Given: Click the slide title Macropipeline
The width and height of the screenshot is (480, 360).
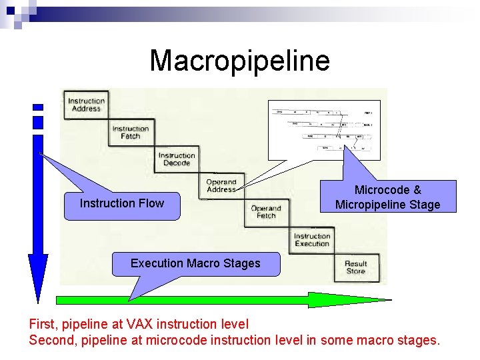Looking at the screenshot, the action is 239,61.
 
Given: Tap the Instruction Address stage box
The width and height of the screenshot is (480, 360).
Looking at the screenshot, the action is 85,105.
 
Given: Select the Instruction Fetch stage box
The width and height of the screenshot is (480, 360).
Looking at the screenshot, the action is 131,133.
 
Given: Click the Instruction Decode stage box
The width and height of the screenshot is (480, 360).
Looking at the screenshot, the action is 177,159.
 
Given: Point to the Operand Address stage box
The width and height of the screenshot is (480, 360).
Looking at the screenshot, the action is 221,186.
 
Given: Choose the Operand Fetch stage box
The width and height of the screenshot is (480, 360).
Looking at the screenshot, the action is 266,212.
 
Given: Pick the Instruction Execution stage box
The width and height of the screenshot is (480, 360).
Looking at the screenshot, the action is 312,240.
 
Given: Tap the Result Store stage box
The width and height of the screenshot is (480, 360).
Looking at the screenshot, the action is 356,267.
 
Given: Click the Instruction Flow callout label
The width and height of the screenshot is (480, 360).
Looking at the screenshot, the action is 122,204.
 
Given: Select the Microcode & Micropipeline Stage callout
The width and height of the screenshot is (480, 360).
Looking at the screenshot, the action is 387,197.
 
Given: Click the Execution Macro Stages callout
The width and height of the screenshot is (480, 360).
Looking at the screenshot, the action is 195,263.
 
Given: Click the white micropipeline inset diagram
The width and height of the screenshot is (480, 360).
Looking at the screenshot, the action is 323,129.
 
